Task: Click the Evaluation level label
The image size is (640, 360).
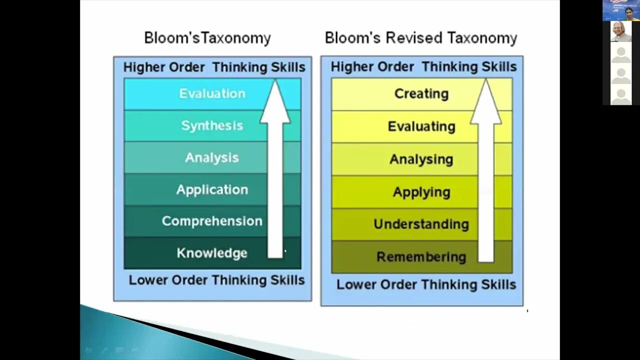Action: point(212,93)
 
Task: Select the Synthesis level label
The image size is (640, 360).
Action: point(212,125)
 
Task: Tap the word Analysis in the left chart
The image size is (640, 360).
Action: point(212,157)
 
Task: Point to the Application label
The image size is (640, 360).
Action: point(212,189)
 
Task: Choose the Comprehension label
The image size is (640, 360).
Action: point(212,221)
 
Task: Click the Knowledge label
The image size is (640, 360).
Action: point(212,253)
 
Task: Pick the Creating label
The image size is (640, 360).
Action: point(421,93)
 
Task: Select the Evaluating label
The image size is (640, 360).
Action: point(421,126)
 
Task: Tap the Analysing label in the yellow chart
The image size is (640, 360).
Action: point(421,159)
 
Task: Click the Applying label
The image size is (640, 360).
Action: point(421,192)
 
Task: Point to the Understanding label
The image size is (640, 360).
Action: point(421,224)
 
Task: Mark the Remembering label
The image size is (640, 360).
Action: point(421,257)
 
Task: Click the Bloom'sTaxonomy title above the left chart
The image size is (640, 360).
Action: point(207,38)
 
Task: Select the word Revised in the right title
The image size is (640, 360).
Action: point(414,38)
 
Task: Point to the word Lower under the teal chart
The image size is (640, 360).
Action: point(148,280)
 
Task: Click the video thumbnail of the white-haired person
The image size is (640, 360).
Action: point(621,31)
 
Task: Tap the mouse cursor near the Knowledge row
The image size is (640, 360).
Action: point(285,251)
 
